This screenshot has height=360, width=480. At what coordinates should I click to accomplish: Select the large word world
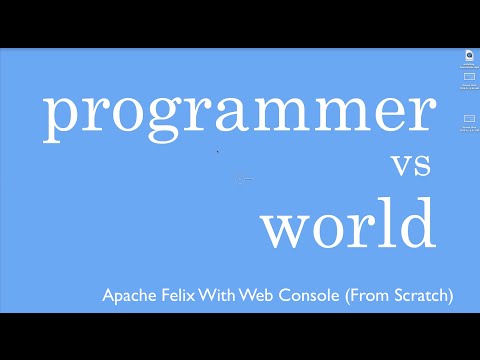[x=348, y=224]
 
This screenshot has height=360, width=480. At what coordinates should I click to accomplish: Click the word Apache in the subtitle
[x=128, y=296]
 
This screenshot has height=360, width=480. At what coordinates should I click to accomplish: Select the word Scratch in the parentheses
[x=422, y=296]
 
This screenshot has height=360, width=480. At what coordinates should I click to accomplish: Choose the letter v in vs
[x=402, y=166]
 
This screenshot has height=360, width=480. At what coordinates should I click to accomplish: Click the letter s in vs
[x=424, y=166]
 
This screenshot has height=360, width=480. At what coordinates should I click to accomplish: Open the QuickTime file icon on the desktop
[x=469, y=55]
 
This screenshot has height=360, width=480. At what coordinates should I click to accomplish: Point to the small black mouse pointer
[x=218, y=151]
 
